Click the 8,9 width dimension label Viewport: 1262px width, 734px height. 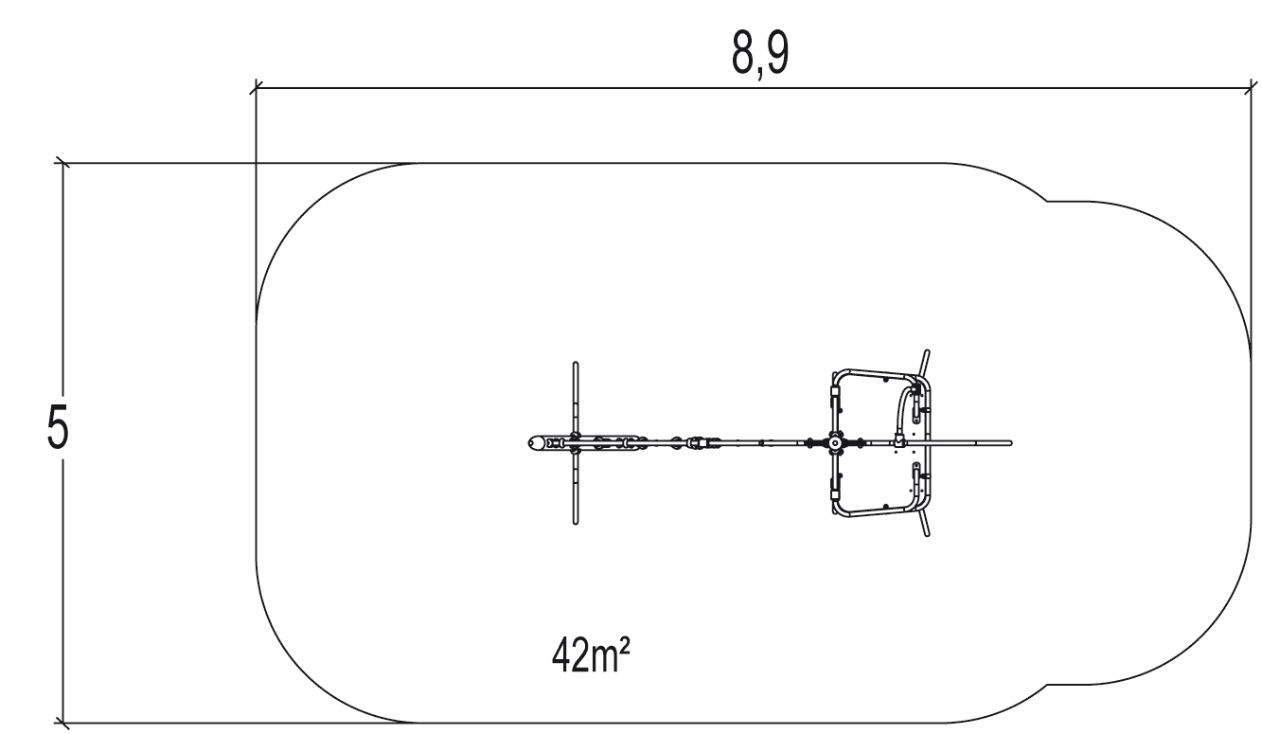pyautogui.click(x=760, y=54)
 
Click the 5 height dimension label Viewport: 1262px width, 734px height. pyautogui.click(x=58, y=427)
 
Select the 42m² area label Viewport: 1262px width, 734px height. pyautogui.click(x=591, y=655)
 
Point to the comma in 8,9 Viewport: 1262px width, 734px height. pyautogui.click(x=760, y=73)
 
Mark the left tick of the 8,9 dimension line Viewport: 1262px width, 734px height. pyautogui.click(x=257, y=87)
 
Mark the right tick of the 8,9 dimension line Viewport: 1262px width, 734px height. pyautogui.click(x=1251, y=87)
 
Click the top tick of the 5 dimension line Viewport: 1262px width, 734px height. pyautogui.click(x=62, y=163)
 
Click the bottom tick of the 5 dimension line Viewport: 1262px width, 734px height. pyautogui.click(x=62, y=723)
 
